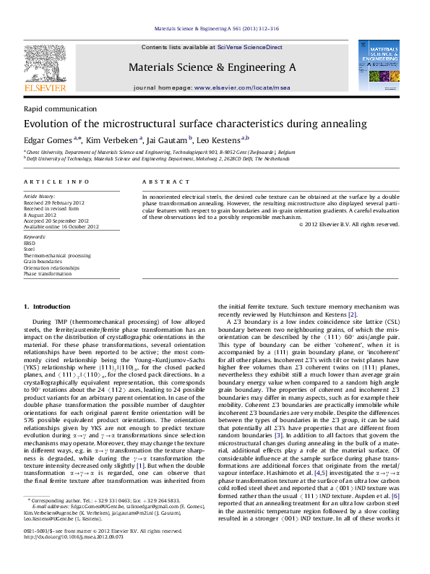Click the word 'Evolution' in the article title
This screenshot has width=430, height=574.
[x=48, y=124]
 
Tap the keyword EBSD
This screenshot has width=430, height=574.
[x=30, y=243]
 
